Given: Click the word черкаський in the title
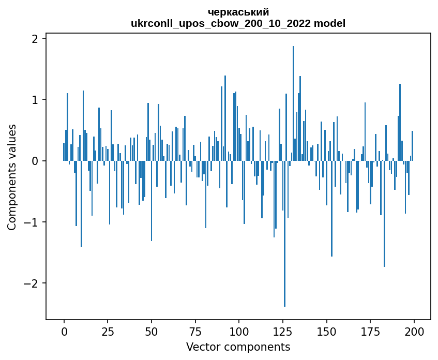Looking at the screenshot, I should click(x=238, y=12).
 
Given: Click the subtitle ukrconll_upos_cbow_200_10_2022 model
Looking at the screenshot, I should click(x=238, y=23).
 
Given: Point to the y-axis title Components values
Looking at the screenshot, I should click(x=11, y=177).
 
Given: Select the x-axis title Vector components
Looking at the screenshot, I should click(x=238, y=347).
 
